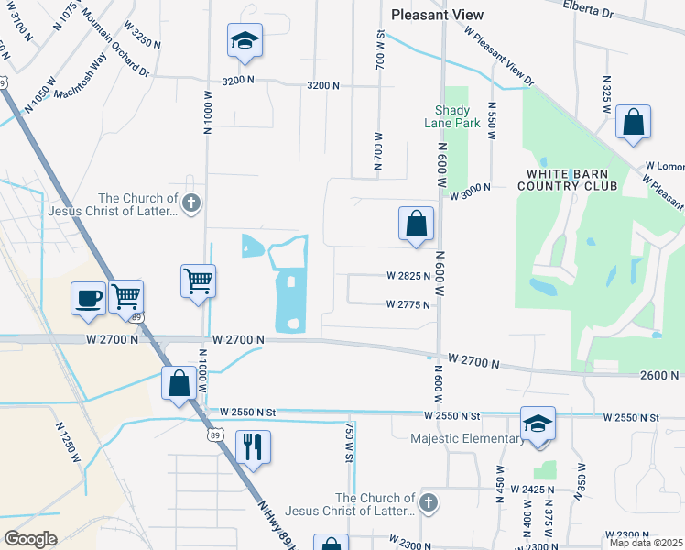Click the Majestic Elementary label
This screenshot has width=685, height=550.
coord(467,438)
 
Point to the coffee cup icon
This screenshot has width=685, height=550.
coord(89,299)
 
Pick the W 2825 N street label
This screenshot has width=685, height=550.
coord(408,276)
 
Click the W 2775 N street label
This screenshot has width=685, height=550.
coord(408,304)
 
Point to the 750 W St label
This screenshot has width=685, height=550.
coord(349,441)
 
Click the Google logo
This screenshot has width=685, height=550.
coord(30,538)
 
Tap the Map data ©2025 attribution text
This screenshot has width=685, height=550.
coord(646,543)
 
